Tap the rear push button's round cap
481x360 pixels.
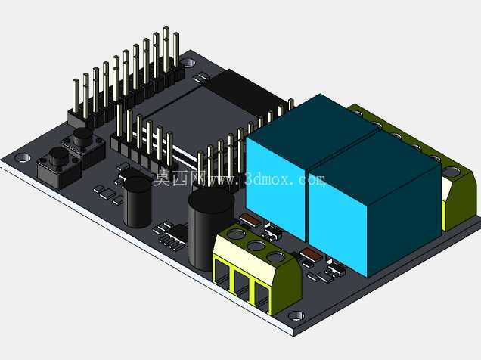[x=82, y=136]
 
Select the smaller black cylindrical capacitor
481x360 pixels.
[x=138, y=202]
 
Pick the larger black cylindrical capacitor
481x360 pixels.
[x=209, y=228]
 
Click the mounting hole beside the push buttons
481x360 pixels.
[x=23, y=157]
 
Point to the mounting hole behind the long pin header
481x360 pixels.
[x=188, y=64]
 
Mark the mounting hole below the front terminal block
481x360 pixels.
[x=296, y=315]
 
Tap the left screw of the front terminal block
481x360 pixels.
[x=236, y=234]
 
